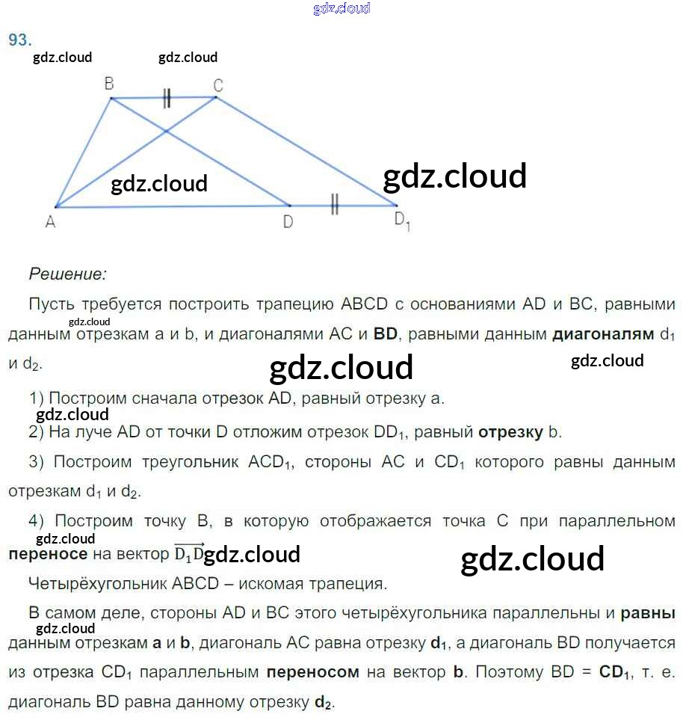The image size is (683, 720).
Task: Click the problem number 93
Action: [20, 40]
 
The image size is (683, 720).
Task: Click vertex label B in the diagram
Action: [109, 84]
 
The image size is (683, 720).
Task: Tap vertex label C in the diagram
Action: [218, 85]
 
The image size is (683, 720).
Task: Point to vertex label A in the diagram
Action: [51, 222]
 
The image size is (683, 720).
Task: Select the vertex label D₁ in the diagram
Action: [402, 221]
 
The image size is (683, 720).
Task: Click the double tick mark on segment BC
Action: [167, 98]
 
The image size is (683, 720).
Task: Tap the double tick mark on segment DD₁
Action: [335, 204]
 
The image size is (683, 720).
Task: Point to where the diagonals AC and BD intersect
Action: [166, 132]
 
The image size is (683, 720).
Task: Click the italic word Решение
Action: [68, 274]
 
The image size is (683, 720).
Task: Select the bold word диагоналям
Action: [603, 333]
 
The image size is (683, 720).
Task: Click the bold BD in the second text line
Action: [385, 333]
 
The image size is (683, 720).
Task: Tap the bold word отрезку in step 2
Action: [510, 433]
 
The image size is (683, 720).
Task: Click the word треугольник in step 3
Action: [190, 461]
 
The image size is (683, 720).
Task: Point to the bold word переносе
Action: [48, 554]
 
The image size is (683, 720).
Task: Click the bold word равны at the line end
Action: [648, 614]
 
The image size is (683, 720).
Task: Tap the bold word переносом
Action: [312, 672]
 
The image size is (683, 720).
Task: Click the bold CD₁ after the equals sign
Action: [614, 672]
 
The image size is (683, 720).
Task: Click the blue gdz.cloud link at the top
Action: [341, 8]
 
